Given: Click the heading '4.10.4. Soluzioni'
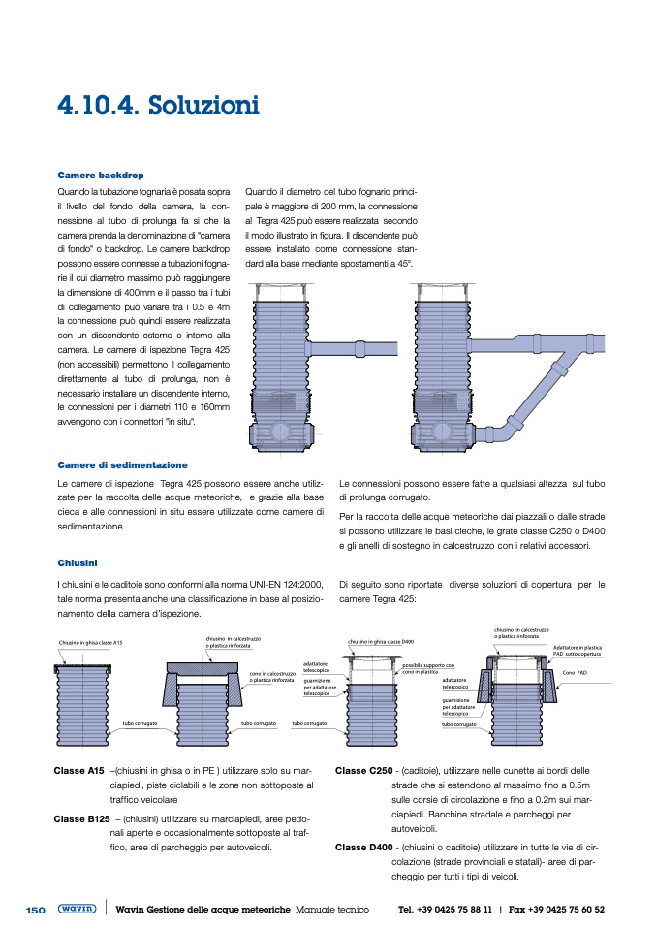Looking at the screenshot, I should [x=157, y=104].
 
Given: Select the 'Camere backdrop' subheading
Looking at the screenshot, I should [x=100, y=176].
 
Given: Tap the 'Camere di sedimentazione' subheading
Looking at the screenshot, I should [x=122, y=465].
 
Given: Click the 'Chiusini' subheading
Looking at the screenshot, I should [x=78, y=562].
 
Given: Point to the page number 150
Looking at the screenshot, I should [x=36, y=910].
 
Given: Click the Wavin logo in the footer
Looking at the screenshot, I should [x=77, y=910].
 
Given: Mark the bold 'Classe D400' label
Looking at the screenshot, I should [x=363, y=847].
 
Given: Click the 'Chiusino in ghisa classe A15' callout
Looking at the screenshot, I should [x=90, y=643].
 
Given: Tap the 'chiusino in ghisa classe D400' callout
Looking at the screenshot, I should [x=381, y=642].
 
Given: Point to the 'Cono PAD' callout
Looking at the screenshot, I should [x=576, y=671].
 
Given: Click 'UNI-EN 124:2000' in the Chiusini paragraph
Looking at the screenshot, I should [x=275, y=585].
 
